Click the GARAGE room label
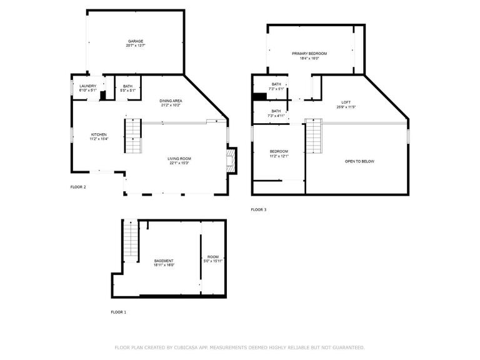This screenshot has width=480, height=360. [x=136, y=43]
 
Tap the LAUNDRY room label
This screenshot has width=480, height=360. [x=87, y=88]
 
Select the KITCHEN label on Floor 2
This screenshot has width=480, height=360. [x=99, y=136]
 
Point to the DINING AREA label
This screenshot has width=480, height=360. [x=171, y=102]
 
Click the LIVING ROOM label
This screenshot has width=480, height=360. [x=178, y=161]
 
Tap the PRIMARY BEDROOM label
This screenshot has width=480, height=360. [x=309, y=56]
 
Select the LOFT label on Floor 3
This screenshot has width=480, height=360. [x=346, y=104]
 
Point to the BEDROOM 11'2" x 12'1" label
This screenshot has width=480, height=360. [x=279, y=153]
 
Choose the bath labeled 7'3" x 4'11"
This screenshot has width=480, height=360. [x=276, y=113]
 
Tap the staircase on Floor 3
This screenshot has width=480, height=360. [x=313, y=136]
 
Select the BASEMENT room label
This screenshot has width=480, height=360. [x=164, y=262]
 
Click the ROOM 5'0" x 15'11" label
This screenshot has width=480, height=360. [x=213, y=259]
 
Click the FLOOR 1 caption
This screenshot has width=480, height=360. [x=118, y=311]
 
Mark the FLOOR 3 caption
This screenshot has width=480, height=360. [x=258, y=209]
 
